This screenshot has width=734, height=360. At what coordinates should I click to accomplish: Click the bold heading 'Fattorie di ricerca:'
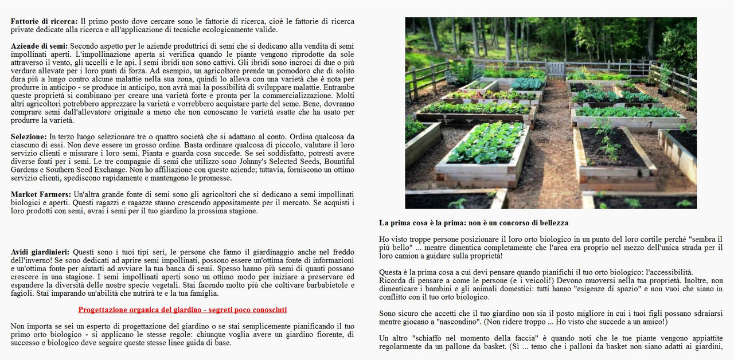click(x=45, y=21)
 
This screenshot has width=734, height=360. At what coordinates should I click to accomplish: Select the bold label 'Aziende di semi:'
click(x=39, y=46)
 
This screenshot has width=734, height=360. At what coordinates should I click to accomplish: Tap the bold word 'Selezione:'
click(x=29, y=137)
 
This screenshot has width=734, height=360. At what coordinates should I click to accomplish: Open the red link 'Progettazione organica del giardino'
click(x=182, y=310)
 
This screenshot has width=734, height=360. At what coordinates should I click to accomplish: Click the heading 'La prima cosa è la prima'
click(x=474, y=222)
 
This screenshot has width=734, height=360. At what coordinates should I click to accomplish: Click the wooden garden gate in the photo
click(x=555, y=69)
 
